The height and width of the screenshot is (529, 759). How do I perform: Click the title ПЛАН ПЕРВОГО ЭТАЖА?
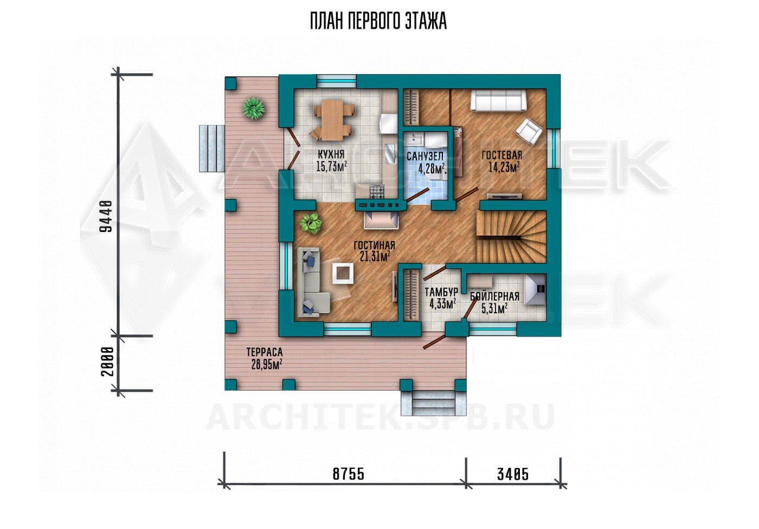378,22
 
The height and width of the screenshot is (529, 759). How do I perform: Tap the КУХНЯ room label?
331,154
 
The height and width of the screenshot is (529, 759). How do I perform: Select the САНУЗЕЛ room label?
425,156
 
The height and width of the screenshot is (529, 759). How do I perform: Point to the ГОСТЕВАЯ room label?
502,155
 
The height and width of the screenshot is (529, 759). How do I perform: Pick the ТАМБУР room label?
441,292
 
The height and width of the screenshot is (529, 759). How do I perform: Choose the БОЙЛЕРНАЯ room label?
494,296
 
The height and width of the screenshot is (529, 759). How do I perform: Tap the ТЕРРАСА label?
265,352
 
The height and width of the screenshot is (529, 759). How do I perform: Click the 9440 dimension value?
106,216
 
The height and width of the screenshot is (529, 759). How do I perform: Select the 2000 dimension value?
106,362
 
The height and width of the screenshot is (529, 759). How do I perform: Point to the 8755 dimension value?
348,474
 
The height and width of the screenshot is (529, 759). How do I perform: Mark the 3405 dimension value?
513,474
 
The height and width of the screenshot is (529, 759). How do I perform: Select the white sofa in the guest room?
498,101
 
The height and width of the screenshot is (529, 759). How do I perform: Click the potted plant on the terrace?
254,108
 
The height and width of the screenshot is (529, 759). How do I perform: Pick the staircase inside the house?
512,237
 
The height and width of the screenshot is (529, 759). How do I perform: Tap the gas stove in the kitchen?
377,192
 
